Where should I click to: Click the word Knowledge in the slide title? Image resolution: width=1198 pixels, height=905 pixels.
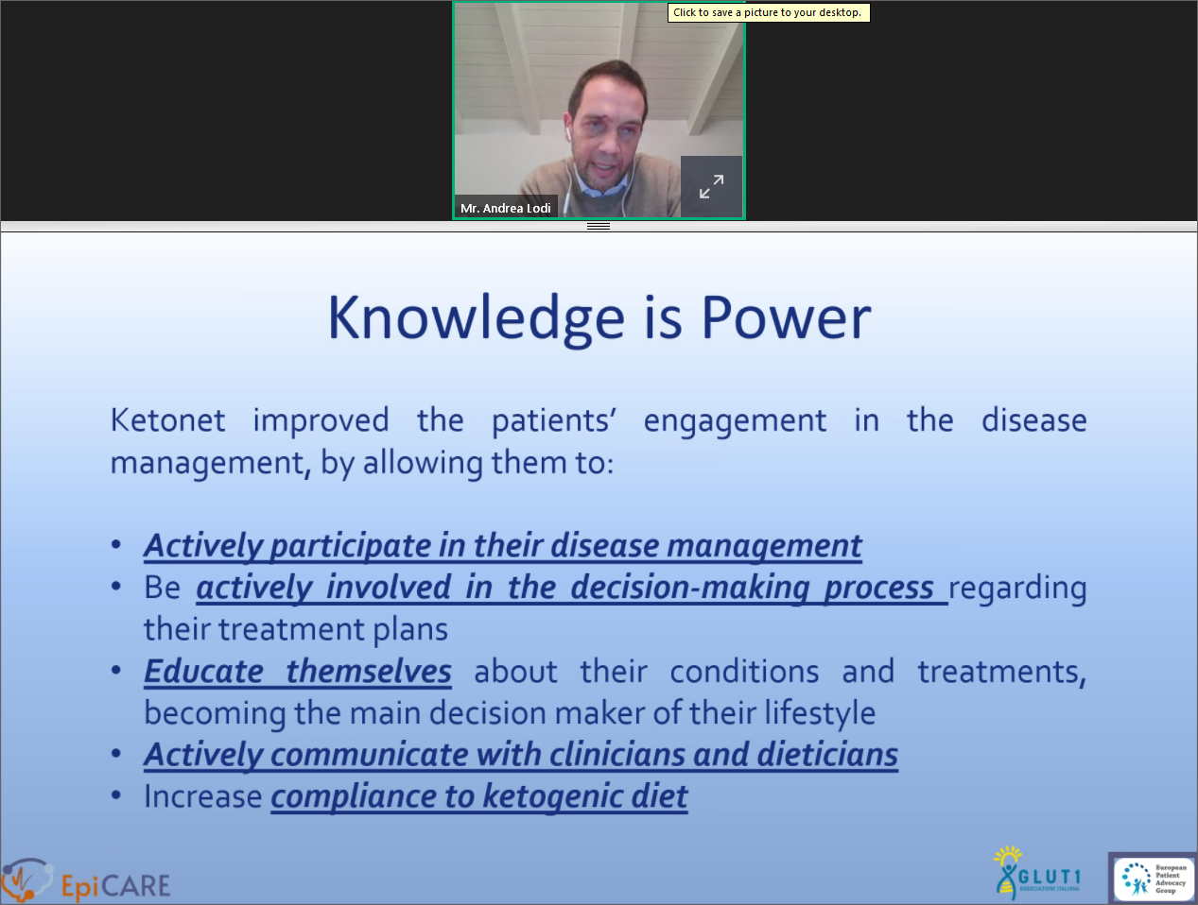point(476,319)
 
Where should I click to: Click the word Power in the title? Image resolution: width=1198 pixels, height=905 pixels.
point(786,318)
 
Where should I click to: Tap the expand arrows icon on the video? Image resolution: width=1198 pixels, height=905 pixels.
point(711,186)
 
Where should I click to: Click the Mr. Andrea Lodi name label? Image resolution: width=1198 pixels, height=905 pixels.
point(506,208)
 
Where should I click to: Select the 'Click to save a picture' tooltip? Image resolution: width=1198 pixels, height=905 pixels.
point(769,12)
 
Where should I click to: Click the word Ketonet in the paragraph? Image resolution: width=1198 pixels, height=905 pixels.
point(167,420)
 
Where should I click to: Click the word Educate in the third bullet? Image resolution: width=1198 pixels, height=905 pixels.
point(204,671)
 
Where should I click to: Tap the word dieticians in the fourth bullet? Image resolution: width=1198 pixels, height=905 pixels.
point(826,754)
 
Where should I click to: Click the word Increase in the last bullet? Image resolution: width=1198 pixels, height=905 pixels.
point(203,796)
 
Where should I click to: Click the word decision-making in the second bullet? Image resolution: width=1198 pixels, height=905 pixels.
point(690,588)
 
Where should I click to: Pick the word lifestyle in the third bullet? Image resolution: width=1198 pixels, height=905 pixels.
point(819,713)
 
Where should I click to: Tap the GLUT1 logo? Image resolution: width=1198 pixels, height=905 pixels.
point(1037,872)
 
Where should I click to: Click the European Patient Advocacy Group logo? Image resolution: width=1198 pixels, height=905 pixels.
point(1154,879)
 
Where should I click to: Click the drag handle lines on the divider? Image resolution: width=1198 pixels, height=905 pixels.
point(599,227)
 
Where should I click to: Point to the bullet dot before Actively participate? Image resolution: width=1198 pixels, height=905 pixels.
point(115,545)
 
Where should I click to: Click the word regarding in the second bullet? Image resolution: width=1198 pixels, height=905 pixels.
point(1018,589)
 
